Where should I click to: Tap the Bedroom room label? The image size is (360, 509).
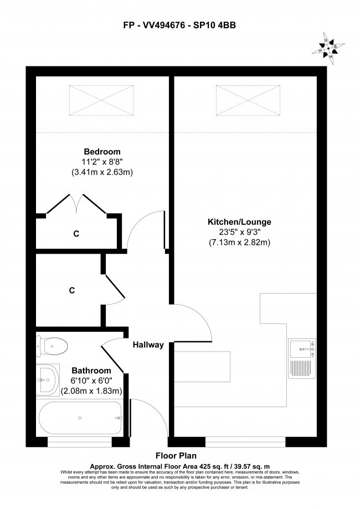tap(102, 151)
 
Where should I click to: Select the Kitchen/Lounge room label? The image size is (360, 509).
tap(239, 222)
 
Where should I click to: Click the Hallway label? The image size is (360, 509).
tap(148, 345)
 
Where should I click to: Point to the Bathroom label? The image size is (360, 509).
tap(91, 371)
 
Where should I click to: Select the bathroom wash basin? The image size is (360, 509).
tap(48, 381)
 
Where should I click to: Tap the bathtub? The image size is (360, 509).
tap(80, 418)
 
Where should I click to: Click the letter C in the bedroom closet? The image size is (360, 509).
tap(76, 234)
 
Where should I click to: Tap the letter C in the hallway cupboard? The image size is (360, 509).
tap(72, 290)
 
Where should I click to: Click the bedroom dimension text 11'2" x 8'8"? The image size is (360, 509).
tap(102, 162)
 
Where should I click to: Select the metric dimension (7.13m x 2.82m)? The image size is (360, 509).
tap(239, 243)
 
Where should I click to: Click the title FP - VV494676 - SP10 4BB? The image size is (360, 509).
tap(179, 24)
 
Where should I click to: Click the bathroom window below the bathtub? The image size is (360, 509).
tap(80, 441)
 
